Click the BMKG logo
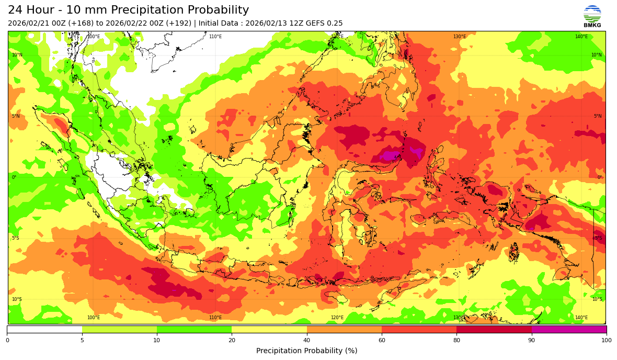coord(592,16)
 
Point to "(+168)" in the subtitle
coord(79,24)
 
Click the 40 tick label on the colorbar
coord(307,341)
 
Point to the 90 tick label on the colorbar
coord(532,341)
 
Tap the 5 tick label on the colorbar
coord(82,341)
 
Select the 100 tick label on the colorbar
coord(606,341)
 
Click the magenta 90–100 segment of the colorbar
coord(569,330)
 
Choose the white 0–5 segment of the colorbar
coord(44,330)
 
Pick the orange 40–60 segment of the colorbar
coord(344,330)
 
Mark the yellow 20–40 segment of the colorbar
coord(269,330)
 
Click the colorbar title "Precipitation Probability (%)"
coord(306,351)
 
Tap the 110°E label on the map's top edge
coord(215,37)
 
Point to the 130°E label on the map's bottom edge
coord(459,318)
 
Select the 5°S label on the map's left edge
coord(16,238)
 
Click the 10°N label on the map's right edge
coord(596,55)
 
